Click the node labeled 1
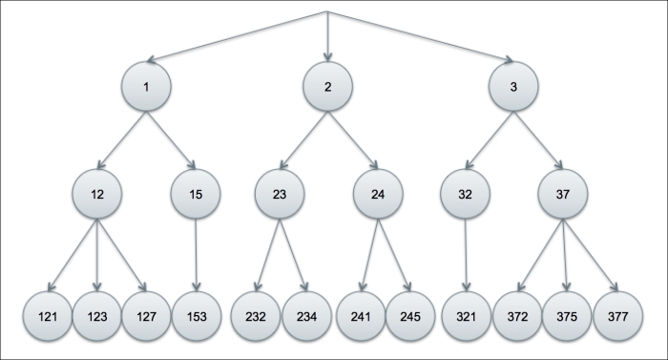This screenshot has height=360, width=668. [x=146, y=87]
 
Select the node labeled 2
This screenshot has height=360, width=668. [x=328, y=87]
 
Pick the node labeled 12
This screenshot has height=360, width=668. [x=96, y=195]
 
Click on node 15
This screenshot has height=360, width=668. [x=195, y=195]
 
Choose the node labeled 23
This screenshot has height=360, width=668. [x=279, y=195]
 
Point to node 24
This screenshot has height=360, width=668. [x=377, y=195]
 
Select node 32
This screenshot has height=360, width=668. [x=464, y=195]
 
